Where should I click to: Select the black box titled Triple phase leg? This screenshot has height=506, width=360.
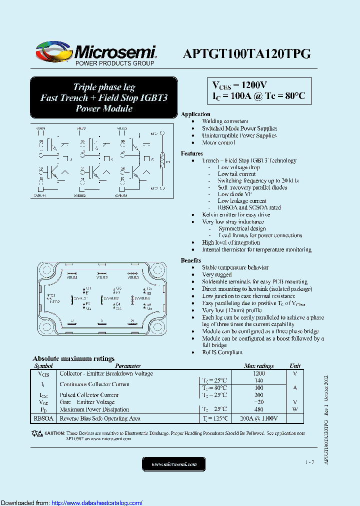pos(103,97)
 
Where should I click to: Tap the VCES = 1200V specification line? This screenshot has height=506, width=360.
pos(240,84)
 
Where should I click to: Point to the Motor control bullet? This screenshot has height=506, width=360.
pos(218,142)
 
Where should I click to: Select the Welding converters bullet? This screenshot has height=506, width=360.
pos(225,121)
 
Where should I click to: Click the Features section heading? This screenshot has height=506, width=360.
pos(191,153)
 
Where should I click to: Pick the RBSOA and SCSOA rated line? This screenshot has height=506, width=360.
pos(249,207)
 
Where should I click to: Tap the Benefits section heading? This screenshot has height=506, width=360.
pos(191,260)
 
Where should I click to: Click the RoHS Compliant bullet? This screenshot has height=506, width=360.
pos(222,352)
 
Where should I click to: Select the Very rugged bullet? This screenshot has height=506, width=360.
pos(216,274)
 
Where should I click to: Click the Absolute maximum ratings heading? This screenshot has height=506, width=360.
pos(73,358)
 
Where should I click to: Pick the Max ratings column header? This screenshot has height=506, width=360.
pos(258,366)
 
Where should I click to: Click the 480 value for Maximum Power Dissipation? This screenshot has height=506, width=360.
pos(258,409)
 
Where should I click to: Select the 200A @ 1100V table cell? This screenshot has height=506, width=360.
pos(258,418)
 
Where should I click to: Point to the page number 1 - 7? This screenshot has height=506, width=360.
pos(309,462)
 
